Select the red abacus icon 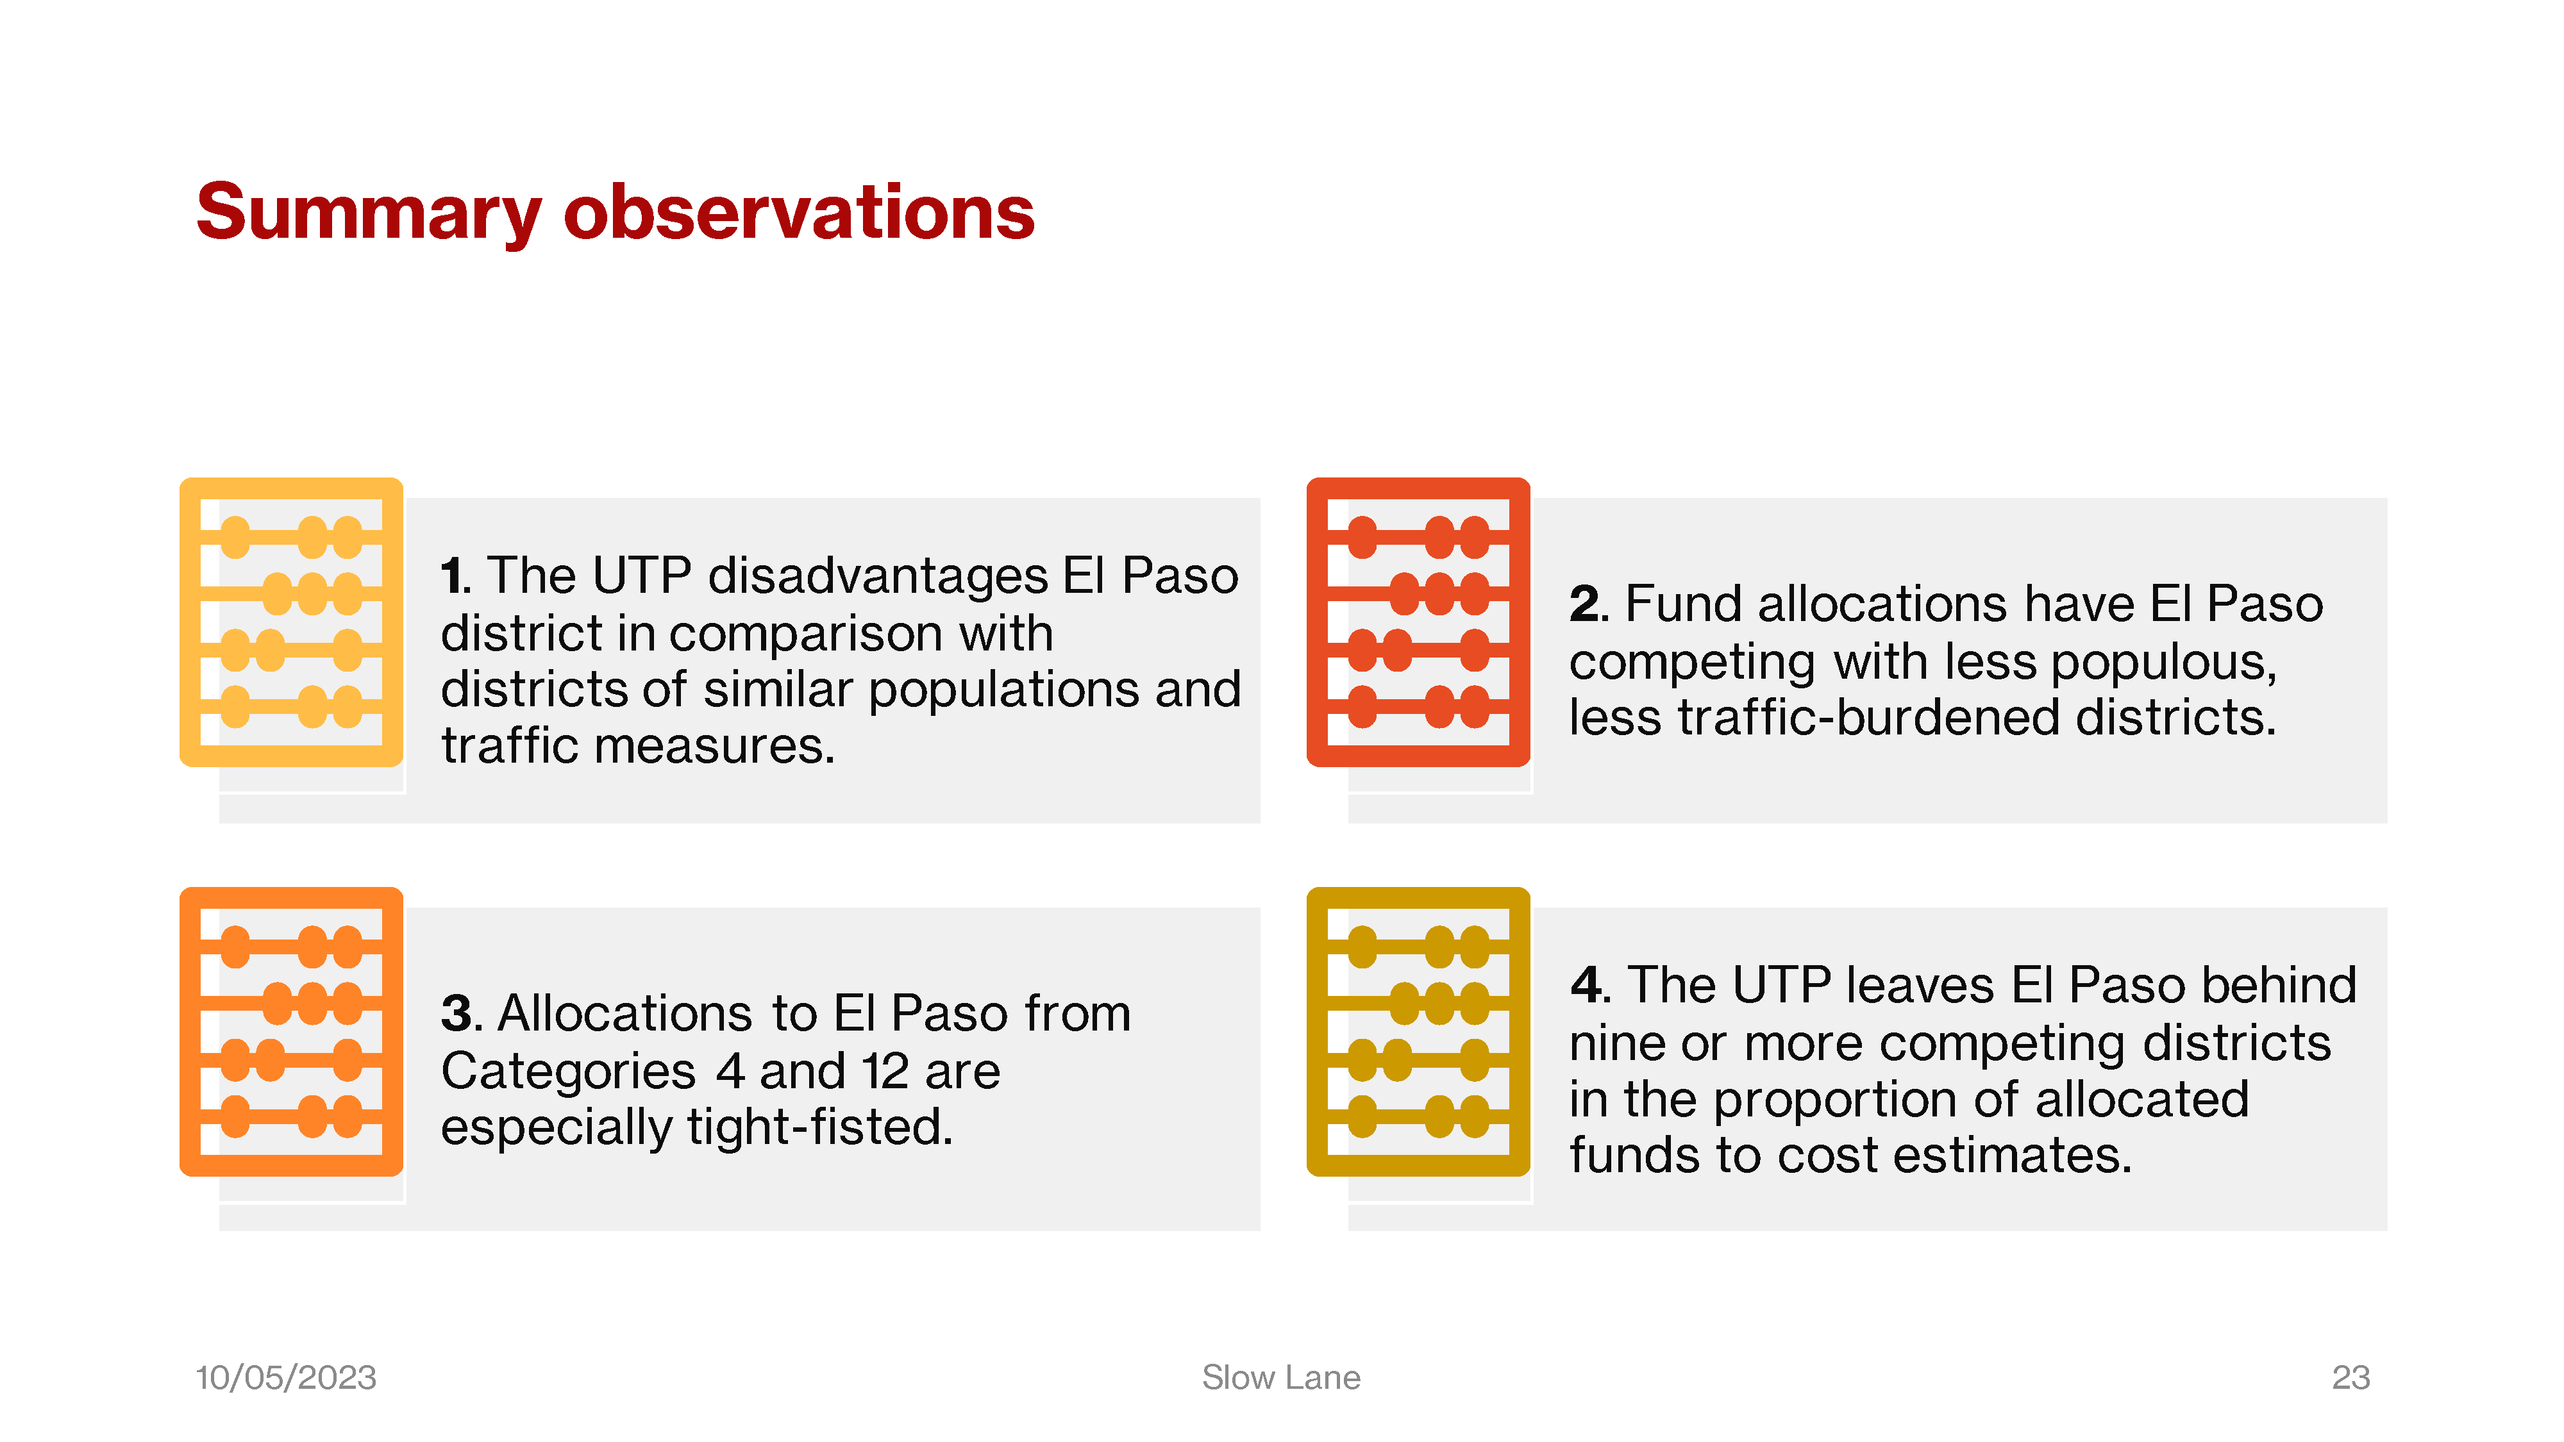pos(1418,622)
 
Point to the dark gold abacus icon pos(1418,1032)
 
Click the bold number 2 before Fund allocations pos(1584,604)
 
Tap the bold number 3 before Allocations pos(457,1014)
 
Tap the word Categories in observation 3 pos(568,1072)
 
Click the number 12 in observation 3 pos(885,1072)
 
